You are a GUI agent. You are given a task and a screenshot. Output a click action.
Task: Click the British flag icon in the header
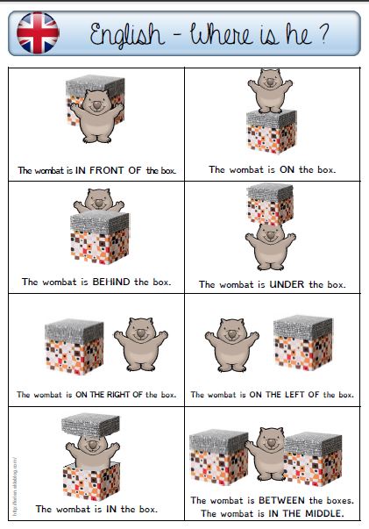pyautogui.click(x=38, y=33)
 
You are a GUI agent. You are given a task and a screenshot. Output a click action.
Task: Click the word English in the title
pyautogui.click(x=127, y=35)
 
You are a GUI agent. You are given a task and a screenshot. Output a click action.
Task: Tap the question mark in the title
pyautogui.click(x=323, y=33)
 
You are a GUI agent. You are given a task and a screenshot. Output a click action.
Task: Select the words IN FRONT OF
pyautogui.click(x=108, y=170)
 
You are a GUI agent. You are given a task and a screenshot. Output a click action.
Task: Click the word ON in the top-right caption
pyautogui.click(x=287, y=169)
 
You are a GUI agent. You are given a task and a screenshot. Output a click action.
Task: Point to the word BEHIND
pyautogui.click(x=111, y=282)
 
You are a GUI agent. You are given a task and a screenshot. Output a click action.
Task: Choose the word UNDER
pyautogui.click(x=287, y=284)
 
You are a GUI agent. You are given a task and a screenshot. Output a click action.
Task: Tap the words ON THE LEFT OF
pyautogui.click(x=284, y=395)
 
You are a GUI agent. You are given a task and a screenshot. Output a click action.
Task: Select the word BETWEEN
pyautogui.click(x=281, y=500)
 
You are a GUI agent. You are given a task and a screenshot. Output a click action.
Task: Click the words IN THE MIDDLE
pyautogui.click(x=306, y=513)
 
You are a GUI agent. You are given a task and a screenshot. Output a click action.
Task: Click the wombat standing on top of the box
pyautogui.click(x=270, y=90)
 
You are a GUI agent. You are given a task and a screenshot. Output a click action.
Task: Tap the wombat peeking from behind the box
pyautogui.click(x=99, y=201)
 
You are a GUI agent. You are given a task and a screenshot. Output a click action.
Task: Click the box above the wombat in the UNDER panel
pyautogui.click(x=270, y=204)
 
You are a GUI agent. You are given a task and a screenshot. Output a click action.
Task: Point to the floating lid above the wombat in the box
pyautogui.click(x=90, y=425)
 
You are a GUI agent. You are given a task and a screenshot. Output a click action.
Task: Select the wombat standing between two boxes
pyautogui.click(x=267, y=454)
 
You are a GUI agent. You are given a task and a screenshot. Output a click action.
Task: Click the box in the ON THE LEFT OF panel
pyautogui.click(x=303, y=342)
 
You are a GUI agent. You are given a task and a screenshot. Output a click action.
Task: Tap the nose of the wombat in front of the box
pyautogui.click(x=96, y=106)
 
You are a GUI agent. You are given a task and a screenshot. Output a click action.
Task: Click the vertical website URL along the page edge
pyautogui.click(x=15, y=486)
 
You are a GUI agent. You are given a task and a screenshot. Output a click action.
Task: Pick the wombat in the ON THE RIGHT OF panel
pyautogui.click(x=141, y=344)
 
